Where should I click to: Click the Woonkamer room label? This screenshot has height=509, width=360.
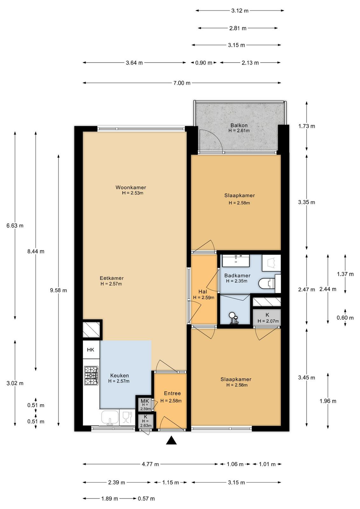131,187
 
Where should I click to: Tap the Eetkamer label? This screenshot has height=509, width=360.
112,278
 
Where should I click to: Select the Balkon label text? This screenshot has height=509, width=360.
239,125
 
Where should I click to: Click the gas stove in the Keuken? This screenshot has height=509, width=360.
92,375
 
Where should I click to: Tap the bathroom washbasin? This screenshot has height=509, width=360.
236,261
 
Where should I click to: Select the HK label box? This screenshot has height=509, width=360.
91,350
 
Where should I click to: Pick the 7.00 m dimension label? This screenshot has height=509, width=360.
182,83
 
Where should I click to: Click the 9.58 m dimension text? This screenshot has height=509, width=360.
59,290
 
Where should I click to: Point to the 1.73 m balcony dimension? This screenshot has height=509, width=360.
307,126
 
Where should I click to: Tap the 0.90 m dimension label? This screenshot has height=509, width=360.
204,63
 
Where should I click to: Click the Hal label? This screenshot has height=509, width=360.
203,292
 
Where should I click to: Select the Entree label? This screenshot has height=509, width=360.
172,393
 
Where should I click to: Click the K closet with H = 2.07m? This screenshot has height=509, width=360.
267,318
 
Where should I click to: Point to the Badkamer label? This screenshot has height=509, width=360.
237,275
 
